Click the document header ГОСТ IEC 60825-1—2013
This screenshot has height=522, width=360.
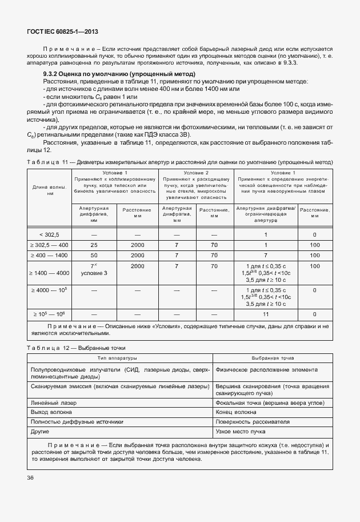(x=58, y=34)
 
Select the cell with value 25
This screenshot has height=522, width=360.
(x=94, y=245)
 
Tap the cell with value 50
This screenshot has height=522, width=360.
(x=94, y=255)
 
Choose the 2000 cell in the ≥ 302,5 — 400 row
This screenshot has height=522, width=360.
(x=137, y=245)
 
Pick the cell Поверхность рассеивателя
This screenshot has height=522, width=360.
(x=250, y=421)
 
